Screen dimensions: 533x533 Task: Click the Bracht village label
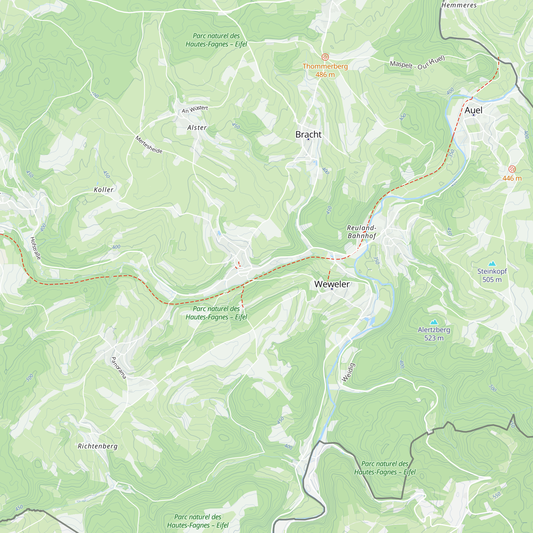coord(308,134)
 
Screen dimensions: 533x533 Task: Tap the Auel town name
coord(473,110)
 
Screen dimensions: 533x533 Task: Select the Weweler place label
coord(332,284)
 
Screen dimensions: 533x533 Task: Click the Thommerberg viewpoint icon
coord(325,57)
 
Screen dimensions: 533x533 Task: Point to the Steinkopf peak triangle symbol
coord(492,264)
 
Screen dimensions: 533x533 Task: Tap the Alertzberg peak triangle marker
coord(434,322)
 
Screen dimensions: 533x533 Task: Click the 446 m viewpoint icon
coord(512,169)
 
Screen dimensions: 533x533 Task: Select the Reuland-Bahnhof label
coord(361,232)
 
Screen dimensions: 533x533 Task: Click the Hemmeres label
coord(459,5)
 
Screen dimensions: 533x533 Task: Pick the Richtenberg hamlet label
coord(97,446)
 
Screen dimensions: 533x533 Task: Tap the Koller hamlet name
coord(103,189)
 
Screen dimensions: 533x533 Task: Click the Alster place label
coord(197,127)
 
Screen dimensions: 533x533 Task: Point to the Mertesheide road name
coord(149,144)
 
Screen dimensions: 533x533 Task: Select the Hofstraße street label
coord(36,248)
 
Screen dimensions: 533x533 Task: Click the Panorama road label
coord(118,368)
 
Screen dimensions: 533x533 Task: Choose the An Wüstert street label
coord(195,109)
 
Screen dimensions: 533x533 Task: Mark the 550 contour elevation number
coord(496,495)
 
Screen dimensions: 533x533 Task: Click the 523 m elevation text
coord(434,338)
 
